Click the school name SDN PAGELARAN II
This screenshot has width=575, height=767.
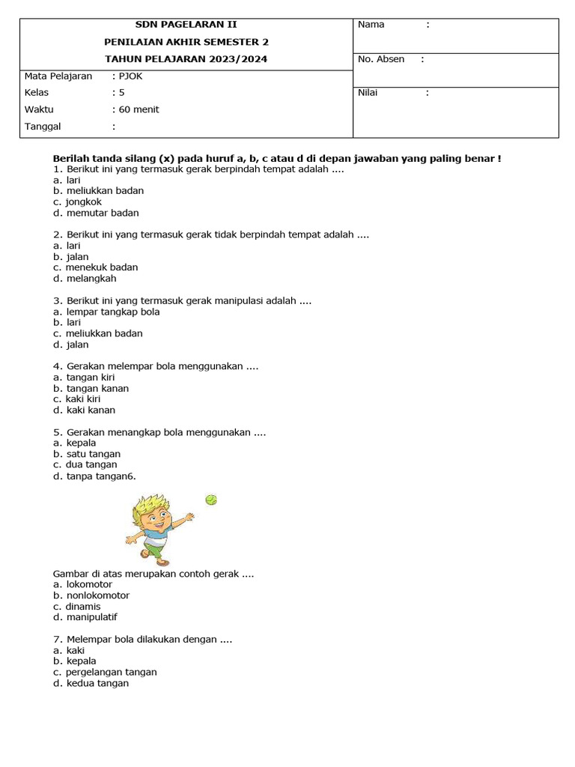coord(186,25)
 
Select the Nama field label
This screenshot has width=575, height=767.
coord(371,25)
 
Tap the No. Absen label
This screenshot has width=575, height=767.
coord(381,59)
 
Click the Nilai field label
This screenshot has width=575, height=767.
coord(368,93)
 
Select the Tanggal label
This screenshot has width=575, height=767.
coord(43,127)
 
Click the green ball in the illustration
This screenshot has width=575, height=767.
coord(211,500)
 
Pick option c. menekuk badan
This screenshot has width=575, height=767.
coord(95,267)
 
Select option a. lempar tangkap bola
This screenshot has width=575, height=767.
coord(106,312)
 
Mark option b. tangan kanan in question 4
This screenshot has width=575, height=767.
coord(91,388)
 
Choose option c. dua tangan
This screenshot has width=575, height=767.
coord(87,464)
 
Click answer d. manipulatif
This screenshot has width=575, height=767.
coord(85,617)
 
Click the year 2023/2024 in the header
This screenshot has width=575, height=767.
coord(238,59)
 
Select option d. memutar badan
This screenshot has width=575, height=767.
coord(96,213)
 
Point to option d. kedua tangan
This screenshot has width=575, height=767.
coord(91,683)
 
